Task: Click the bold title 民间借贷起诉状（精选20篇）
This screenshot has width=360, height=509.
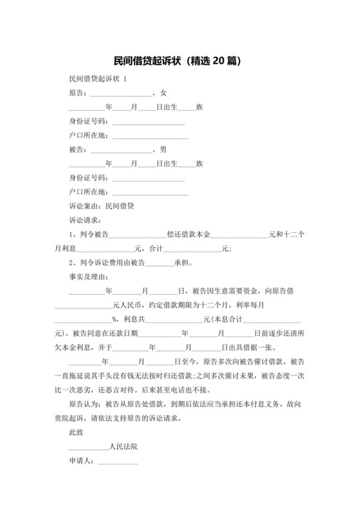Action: pyautogui.click(x=180, y=62)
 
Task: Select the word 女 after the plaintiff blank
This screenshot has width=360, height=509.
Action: pyautogui.click(x=164, y=93)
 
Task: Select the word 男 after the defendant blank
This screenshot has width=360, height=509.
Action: pyautogui.click(x=164, y=149)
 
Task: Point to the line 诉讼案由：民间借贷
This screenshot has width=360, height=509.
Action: pyautogui.click(x=101, y=206)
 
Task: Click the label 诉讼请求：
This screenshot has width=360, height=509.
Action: pyautogui.click(x=84, y=220)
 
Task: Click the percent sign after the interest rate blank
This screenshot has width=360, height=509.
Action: pyautogui.click(x=114, y=319)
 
